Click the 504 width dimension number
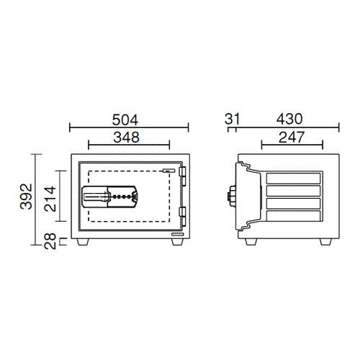[x=125, y=120]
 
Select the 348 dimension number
[x=126, y=138]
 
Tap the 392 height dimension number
[x=26, y=197]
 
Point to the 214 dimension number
[x=50, y=199]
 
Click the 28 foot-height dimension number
[x=50, y=240]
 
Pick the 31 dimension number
[x=232, y=119]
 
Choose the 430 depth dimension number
[x=289, y=119]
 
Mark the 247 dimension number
[x=292, y=138]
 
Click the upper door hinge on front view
[x=183, y=176]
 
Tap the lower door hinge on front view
[x=183, y=217]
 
